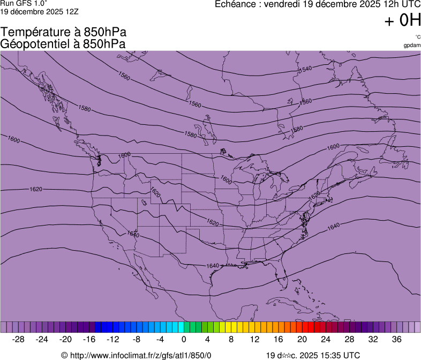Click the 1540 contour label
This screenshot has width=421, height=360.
point(305,69)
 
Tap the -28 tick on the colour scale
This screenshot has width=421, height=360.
point(19,339)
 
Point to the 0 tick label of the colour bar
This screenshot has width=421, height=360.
point(184,339)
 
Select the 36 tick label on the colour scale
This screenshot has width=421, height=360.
point(396,339)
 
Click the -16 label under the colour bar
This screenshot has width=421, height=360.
point(89,339)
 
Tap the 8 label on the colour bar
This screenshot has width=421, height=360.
point(231,339)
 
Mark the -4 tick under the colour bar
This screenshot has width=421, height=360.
point(160,339)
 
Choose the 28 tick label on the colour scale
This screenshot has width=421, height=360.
point(349,339)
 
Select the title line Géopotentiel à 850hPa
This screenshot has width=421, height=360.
point(63,44)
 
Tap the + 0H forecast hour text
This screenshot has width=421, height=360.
point(402,21)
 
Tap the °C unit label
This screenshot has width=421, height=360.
point(417,37)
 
